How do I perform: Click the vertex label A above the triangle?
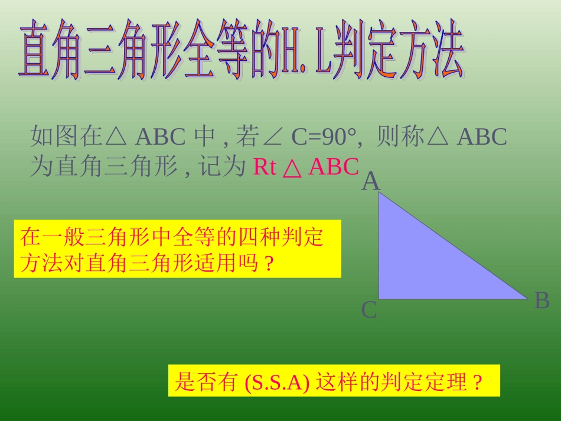[370, 182]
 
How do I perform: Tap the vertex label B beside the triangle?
[542, 301]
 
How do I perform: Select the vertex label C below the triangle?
[369, 310]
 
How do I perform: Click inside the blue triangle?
[419, 266]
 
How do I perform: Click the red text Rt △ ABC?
[306, 168]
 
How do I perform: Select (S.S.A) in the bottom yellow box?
[276, 383]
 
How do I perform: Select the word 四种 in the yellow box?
[259, 237]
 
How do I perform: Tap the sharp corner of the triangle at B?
[525, 298]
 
